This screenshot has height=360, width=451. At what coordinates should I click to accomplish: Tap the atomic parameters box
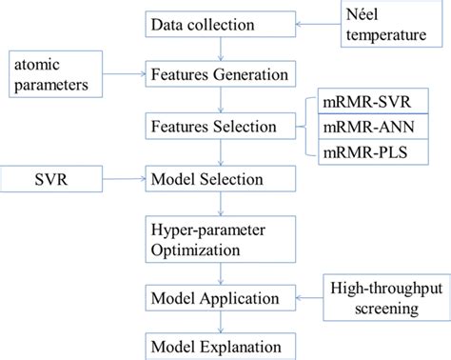[58, 75]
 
